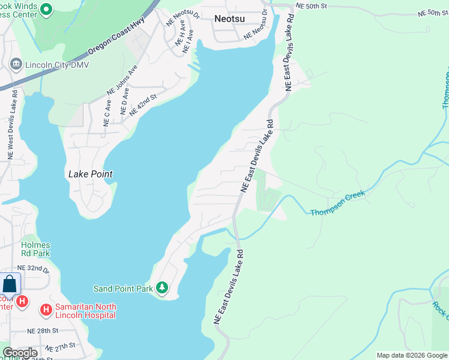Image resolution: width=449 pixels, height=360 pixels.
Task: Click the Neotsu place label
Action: pyautogui.click(x=229, y=19)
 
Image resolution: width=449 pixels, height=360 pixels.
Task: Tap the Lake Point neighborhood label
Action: pyautogui.click(x=91, y=174)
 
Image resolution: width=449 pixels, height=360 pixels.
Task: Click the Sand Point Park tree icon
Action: pyautogui.click(x=162, y=289)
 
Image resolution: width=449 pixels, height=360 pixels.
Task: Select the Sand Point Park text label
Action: pyautogui.click(x=124, y=289)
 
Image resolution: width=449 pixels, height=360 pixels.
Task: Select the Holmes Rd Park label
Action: pyautogui.click(x=35, y=249)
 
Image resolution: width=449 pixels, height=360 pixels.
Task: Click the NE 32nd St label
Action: pyautogui.click(x=32, y=268)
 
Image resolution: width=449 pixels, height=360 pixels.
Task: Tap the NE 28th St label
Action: pyautogui.click(x=43, y=331)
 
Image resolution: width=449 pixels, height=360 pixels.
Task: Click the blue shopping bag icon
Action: pyautogui.click(x=10, y=284)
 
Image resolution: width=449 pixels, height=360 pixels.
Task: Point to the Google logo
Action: pyautogui.click(x=19, y=353)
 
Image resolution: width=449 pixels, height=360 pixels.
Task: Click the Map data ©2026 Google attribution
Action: pyautogui.click(x=412, y=355)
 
